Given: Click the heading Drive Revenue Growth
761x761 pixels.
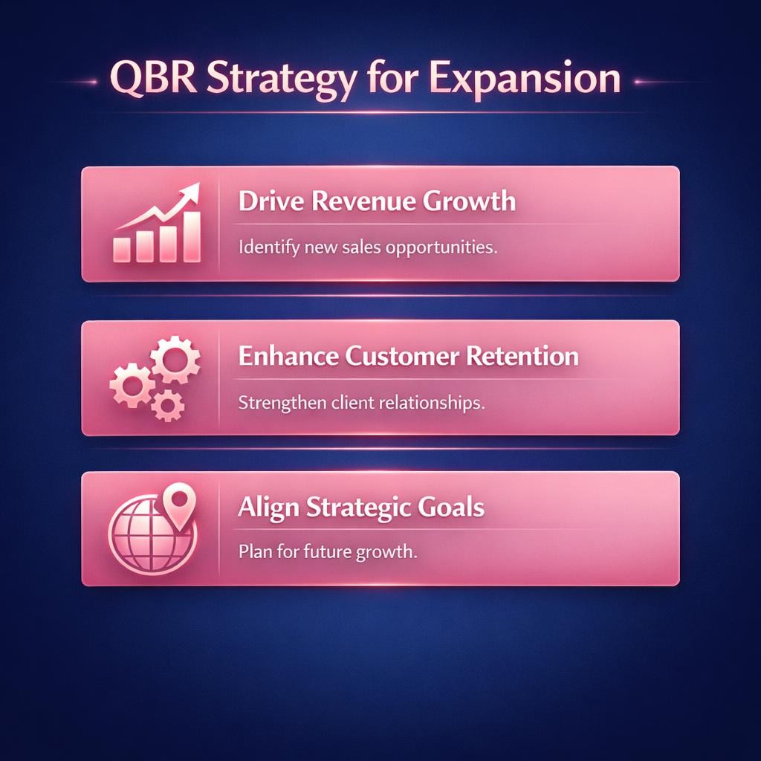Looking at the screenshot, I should point(377,201).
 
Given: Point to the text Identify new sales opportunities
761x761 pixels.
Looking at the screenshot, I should point(367,247).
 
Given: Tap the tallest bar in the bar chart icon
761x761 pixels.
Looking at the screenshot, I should point(192,236).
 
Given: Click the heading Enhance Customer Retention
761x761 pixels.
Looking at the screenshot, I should point(408,356).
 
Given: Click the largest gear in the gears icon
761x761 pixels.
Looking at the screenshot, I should point(175,360).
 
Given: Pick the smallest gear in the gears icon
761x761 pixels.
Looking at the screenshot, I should point(168,405).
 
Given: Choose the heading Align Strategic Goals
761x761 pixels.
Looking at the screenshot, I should point(361,508).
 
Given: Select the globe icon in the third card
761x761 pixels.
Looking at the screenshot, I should point(146,534).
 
